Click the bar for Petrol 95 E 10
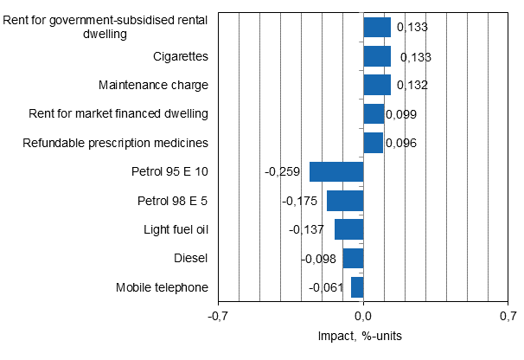(x=336, y=171)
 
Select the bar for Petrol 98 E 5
(x=345, y=201)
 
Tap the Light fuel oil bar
(x=348, y=229)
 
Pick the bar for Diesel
(x=353, y=258)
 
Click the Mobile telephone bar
(x=357, y=287)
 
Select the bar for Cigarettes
(x=377, y=56)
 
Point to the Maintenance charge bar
(x=377, y=85)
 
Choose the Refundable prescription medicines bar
(x=374, y=143)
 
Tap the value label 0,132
(x=412, y=86)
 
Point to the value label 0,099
(x=402, y=114)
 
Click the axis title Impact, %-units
(x=361, y=336)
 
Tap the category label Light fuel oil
(x=176, y=229)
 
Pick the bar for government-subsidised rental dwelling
(x=377, y=27)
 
